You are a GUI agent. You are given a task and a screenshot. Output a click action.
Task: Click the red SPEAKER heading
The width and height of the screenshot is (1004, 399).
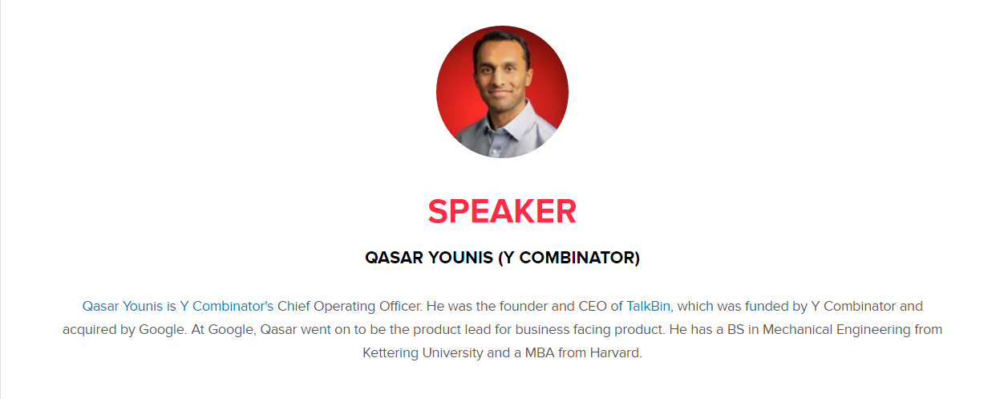pyautogui.click(x=502, y=211)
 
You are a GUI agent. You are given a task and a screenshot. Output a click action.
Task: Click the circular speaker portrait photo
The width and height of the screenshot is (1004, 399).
pyautogui.click(x=502, y=92)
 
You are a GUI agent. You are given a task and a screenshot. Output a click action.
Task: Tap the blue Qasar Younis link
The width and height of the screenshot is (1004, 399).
pyautogui.click(x=123, y=306)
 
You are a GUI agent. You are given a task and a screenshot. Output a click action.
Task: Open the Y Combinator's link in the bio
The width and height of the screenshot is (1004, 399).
pyautogui.click(x=226, y=306)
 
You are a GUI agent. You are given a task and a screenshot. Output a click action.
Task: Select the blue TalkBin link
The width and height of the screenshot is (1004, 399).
pyautogui.click(x=648, y=306)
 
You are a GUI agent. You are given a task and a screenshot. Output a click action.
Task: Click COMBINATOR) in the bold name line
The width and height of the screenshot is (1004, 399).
pyautogui.click(x=579, y=258)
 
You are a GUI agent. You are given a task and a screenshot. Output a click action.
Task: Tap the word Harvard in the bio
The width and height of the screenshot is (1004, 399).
pyautogui.click(x=616, y=352)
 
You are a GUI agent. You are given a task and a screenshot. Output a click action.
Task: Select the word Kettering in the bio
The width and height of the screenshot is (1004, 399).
pyautogui.click(x=391, y=352)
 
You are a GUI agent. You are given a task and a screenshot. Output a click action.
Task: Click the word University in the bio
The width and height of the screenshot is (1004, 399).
pyautogui.click(x=453, y=352)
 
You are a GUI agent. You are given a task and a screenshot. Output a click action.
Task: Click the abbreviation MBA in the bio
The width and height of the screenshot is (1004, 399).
pyautogui.click(x=540, y=352)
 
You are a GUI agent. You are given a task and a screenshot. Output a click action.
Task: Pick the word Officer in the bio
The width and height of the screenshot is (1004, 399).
pyautogui.click(x=401, y=306)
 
